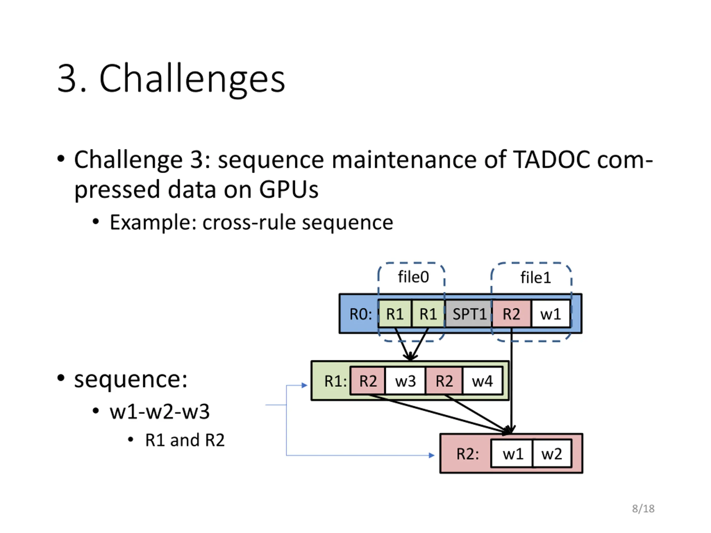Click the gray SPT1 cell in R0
[468, 314]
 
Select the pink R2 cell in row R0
[511, 314]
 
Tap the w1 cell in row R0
[550, 314]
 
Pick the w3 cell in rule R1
[405, 381]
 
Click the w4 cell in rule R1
[482, 381]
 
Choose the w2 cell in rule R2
[552, 453]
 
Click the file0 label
[413, 276]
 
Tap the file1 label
[535, 277]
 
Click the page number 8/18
[643, 509]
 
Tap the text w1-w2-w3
[159, 411]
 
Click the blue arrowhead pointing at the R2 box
[432, 455]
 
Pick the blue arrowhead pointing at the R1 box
[304, 385]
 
